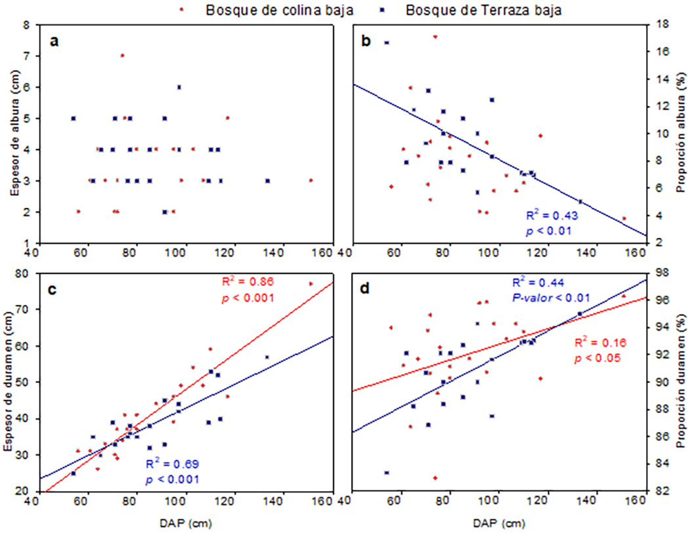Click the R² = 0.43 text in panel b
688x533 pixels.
tap(552, 215)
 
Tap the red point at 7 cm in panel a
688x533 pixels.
tap(122, 56)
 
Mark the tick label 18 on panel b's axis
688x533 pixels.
tap(659, 25)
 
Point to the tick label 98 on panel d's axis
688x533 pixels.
tap(659, 273)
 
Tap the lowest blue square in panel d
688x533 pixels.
tap(387, 472)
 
